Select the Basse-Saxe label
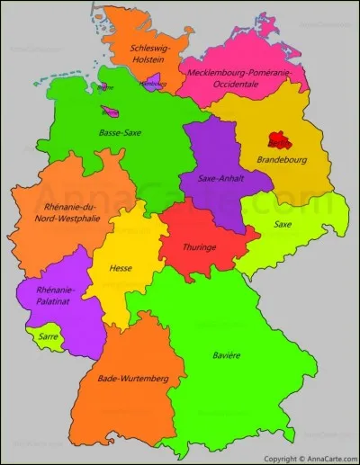click(120, 132)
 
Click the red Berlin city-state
click(279, 141)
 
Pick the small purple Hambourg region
click(153, 83)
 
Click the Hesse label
click(121, 268)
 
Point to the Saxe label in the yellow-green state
click(283, 224)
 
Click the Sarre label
click(48, 335)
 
